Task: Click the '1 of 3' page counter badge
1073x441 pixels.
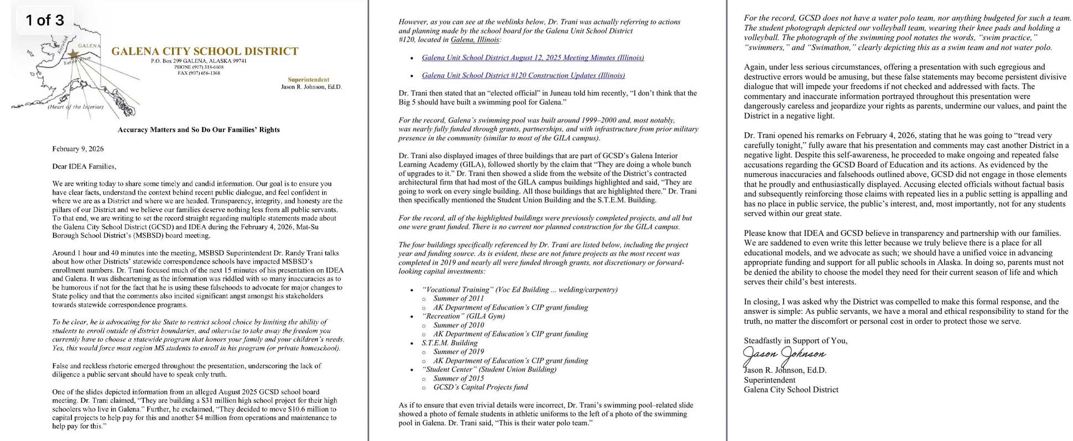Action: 45,20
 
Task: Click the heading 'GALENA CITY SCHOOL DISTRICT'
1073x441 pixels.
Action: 205,51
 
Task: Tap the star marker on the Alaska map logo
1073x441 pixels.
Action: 74,54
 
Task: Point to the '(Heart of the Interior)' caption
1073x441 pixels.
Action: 75,107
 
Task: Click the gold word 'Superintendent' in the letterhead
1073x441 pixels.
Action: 308,80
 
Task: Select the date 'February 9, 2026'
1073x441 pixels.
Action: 78,149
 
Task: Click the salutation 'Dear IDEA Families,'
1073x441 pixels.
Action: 84,166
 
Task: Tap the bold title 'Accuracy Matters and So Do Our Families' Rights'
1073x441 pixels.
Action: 199,130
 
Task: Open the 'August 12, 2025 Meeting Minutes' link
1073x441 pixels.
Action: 533,57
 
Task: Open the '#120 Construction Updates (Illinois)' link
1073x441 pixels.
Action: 523,75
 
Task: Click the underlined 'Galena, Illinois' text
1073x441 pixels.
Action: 475,40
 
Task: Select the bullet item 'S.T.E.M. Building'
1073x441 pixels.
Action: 449,343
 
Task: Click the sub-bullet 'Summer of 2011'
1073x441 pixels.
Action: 459,298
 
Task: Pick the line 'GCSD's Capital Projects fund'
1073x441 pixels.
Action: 481,387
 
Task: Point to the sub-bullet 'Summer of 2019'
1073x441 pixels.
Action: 459,351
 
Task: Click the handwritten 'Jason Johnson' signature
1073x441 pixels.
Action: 784,354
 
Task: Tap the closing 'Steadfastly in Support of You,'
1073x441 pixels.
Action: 795,340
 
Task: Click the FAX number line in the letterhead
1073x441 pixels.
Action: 199,73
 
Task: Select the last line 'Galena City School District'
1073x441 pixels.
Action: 791,390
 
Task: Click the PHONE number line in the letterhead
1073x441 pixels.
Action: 199,67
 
